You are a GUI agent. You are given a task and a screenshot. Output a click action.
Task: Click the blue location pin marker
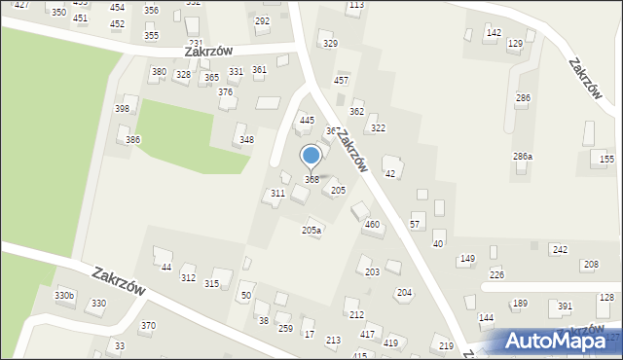pyautogui.click(x=311, y=156)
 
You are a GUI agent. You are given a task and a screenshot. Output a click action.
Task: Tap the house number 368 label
pyautogui.click(x=311, y=179)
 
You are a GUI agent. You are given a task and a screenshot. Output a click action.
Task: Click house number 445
pyautogui.click(x=307, y=120)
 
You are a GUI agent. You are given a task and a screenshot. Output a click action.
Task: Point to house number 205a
pyautogui.click(x=311, y=231)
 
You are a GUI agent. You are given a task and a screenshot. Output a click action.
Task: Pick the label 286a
pyautogui.click(x=523, y=156)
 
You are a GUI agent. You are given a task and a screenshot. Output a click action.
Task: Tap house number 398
pyautogui.click(x=122, y=108)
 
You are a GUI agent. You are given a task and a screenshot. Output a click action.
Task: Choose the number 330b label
pyautogui.click(x=63, y=295)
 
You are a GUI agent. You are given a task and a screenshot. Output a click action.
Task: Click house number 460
pyautogui.click(x=371, y=225)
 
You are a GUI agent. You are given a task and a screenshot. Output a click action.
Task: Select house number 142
pyautogui.click(x=494, y=33)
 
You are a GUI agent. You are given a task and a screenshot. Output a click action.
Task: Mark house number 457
pyautogui.click(x=341, y=80)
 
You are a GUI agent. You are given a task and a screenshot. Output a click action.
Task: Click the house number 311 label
pyautogui.click(x=277, y=194)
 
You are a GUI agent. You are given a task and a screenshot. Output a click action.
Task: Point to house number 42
pyautogui.click(x=390, y=173)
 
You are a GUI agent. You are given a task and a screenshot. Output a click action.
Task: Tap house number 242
pyautogui.click(x=560, y=250)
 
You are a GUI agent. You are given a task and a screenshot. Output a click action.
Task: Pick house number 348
pyautogui.click(x=247, y=139)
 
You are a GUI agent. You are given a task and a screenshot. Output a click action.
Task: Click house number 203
pyautogui.click(x=372, y=271)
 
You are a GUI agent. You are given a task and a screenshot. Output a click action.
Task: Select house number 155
pyautogui.click(x=606, y=159)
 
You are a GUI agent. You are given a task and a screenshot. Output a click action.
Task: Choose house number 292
pyautogui.click(x=262, y=20)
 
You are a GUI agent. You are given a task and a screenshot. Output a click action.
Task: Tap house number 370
pyautogui.click(x=148, y=326)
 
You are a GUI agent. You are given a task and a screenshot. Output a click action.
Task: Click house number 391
pyautogui.click(x=565, y=306)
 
